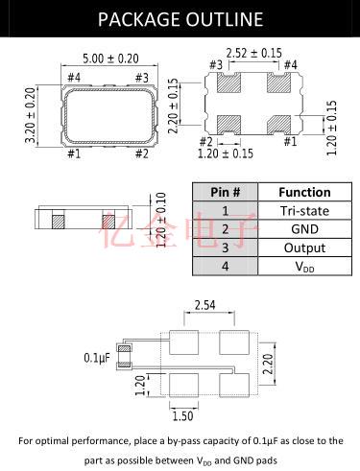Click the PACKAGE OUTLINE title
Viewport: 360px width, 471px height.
tap(180, 19)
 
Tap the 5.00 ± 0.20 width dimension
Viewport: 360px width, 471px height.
tap(110, 59)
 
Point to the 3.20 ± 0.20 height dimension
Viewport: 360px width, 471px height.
tap(31, 116)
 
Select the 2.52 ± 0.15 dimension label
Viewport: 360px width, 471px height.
tap(254, 53)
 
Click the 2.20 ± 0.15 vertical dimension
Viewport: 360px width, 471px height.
tap(173, 106)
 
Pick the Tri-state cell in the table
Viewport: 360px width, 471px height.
tap(304, 211)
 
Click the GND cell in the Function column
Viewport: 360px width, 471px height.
tap(304, 229)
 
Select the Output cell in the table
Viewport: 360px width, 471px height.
tap(304, 247)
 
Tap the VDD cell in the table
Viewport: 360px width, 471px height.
tap(304, 267)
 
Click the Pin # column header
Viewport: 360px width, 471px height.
tap(226, 192)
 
